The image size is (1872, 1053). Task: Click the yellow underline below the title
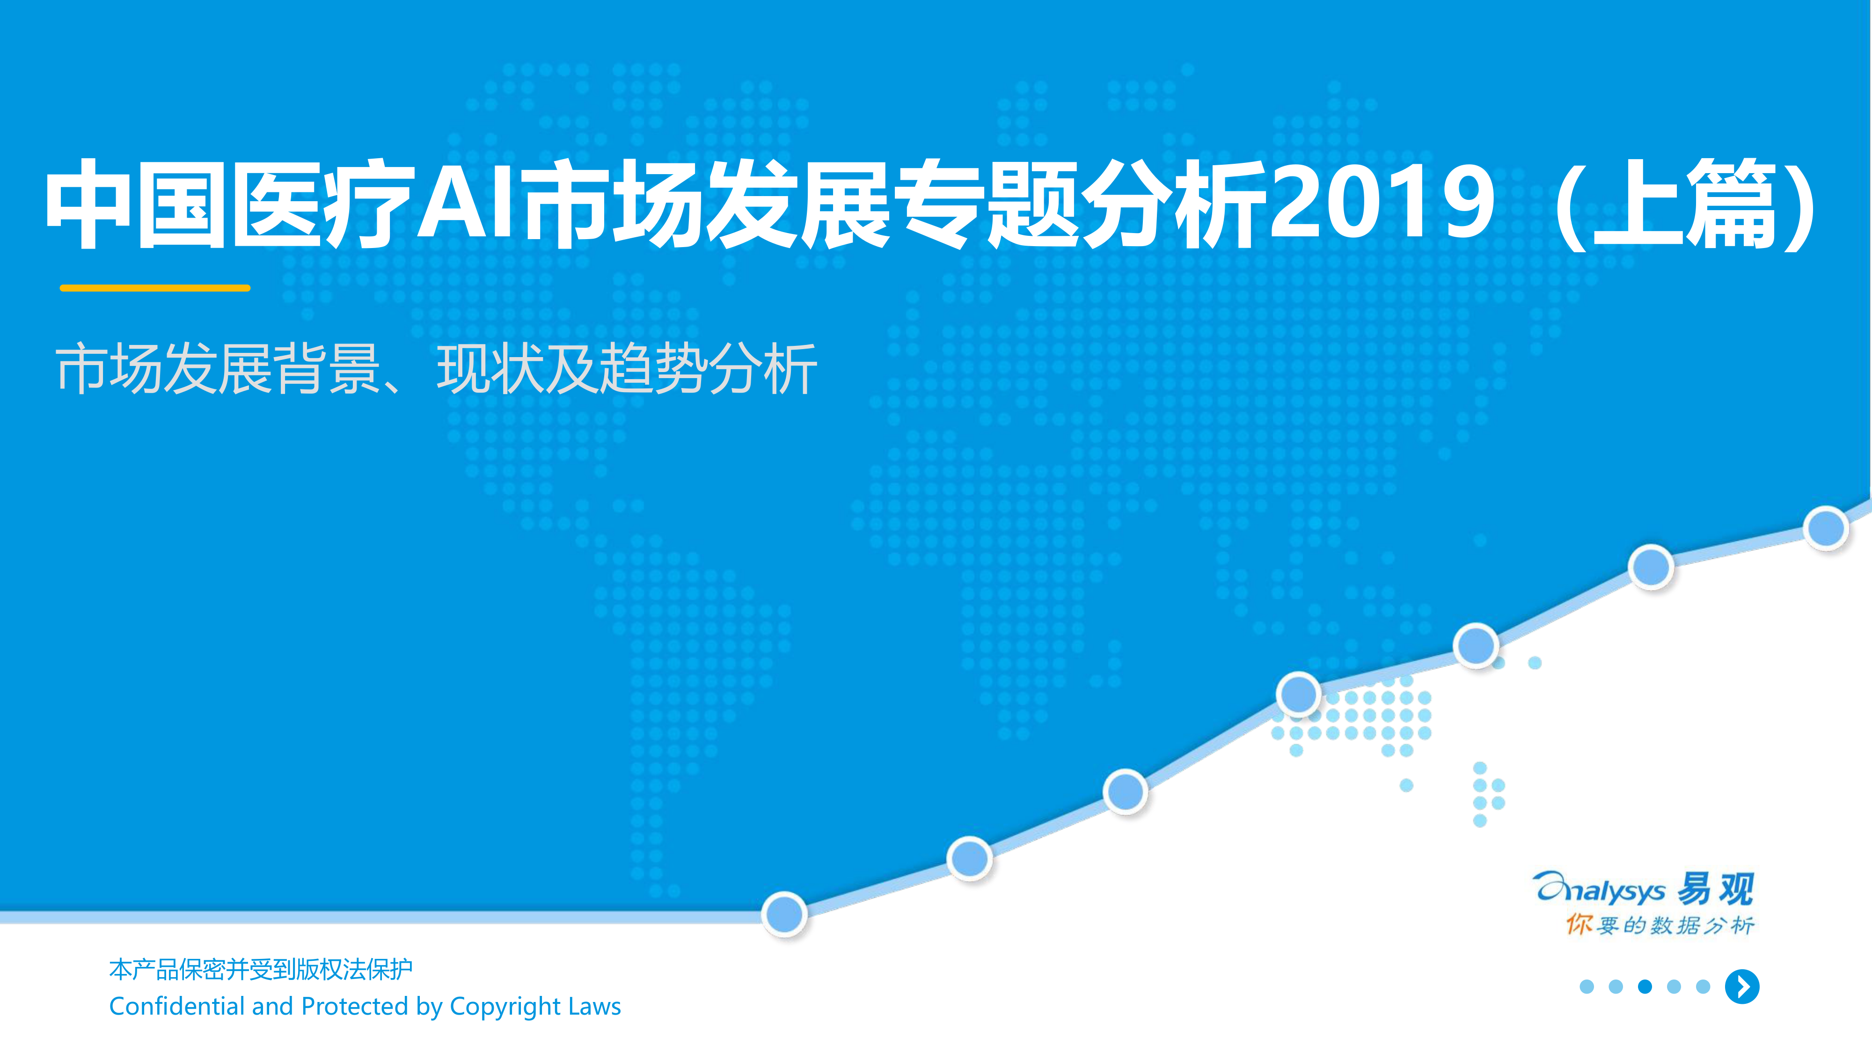click(155, 288)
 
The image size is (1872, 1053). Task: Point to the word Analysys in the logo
click(1599, 889)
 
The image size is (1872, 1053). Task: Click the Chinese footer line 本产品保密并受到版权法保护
click(261, 969)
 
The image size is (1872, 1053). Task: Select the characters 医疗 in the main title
click(323, 204)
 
